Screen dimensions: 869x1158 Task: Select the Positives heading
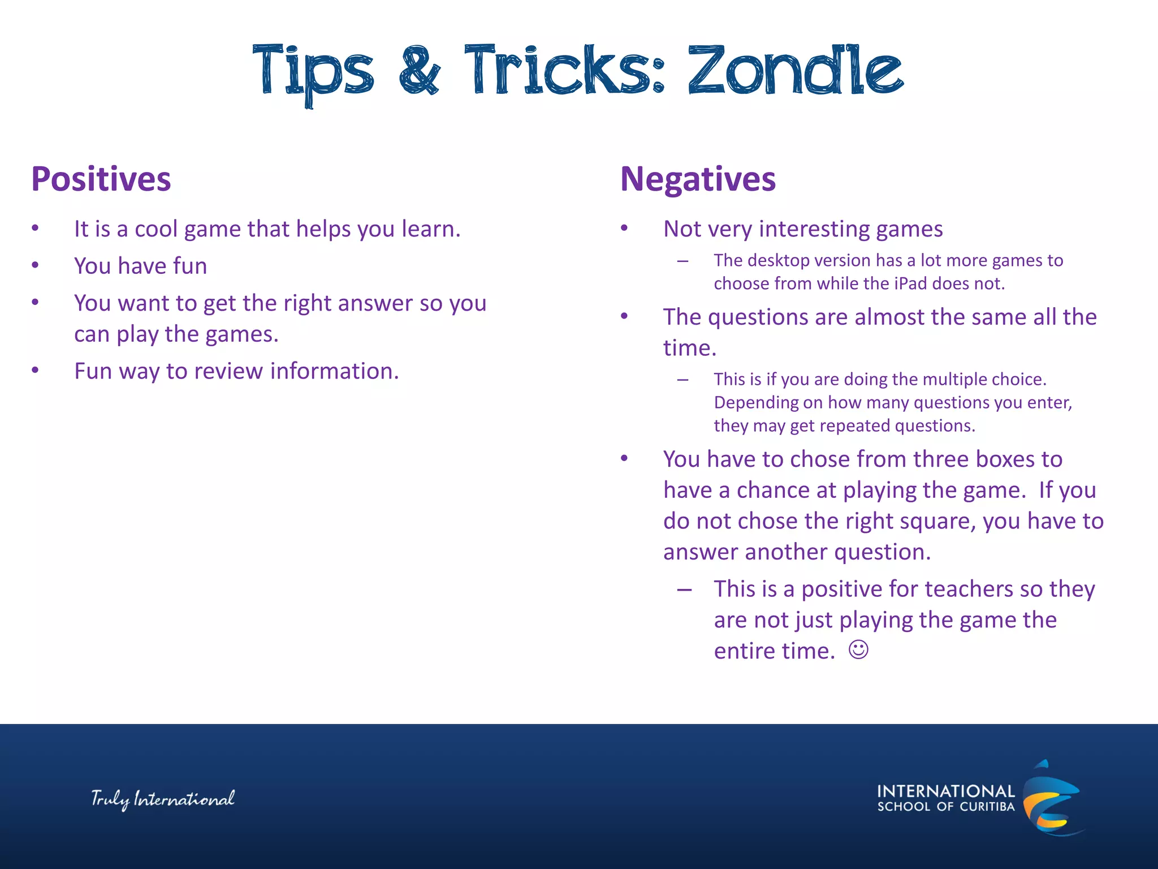coord(101,179)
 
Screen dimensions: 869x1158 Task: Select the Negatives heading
coord(698,179)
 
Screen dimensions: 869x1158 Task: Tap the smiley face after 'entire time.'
coord(858,649)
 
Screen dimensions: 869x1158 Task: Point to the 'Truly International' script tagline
coord(163,799)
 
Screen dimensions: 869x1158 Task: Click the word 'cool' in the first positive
coord(155,229)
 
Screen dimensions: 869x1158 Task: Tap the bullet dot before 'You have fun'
coord(35,265)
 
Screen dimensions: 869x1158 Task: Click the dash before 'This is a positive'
coord(684,590)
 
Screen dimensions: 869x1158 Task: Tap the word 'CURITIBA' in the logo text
coord(987,807)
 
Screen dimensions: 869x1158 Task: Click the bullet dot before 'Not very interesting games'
coord(624,229)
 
